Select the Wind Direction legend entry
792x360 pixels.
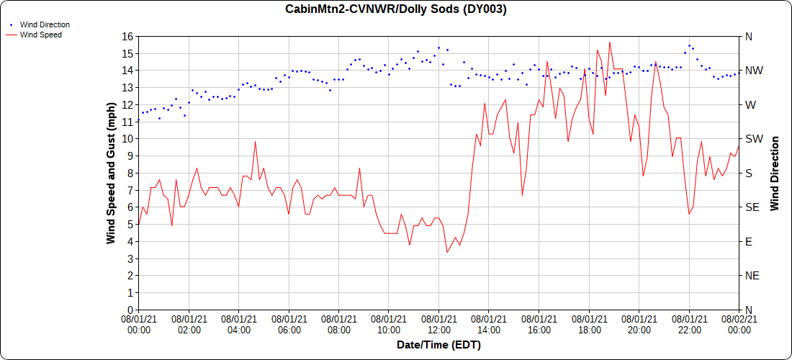click(44, 24)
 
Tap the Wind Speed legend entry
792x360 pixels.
click(40, 35)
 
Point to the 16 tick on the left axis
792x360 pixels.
click(127, 37)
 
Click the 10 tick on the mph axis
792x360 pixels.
click(127, 139)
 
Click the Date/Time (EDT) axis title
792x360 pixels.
click(438, 345)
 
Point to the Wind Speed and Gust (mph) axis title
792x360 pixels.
click(111, 173)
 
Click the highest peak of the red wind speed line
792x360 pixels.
click(610, 42)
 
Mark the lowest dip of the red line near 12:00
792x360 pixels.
click(447, 252)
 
